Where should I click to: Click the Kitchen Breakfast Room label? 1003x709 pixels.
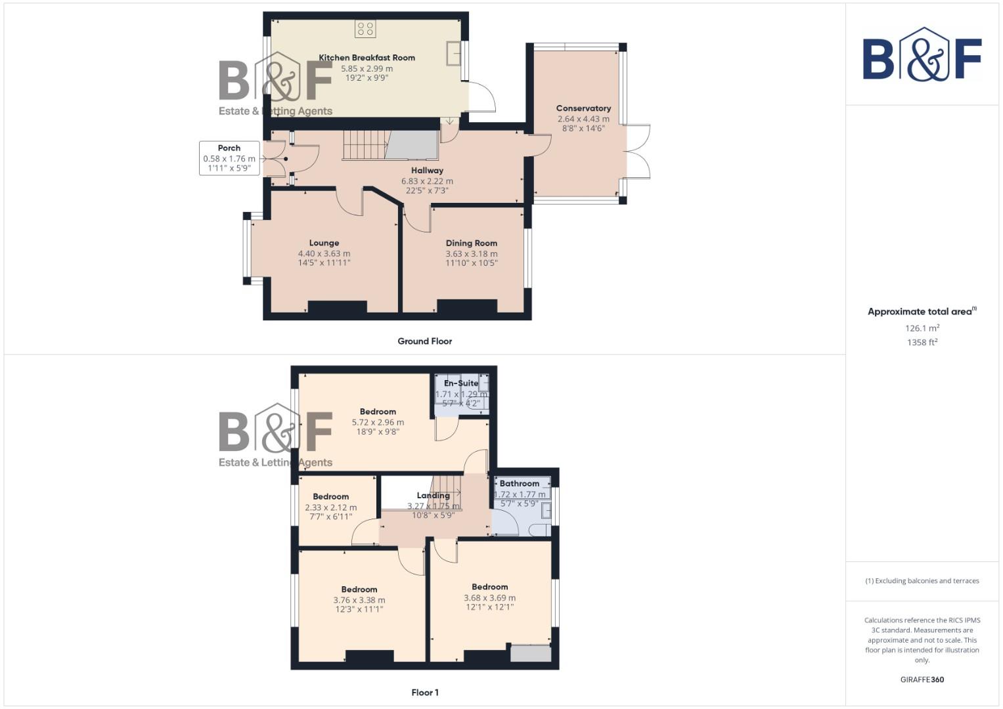pyautogui.click(x=367, y=58)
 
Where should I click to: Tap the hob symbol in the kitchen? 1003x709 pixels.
pyautogui.click(x=365, y=28)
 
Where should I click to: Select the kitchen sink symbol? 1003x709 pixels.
pyautogui.click(x=453, y=53)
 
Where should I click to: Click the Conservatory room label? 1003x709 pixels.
pyautogui.click(x=583, y=108)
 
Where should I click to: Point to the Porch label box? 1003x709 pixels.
pyautogui.click(x=229, y=158)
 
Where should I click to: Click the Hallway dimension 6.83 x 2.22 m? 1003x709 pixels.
pyautogui.click(x=427, y=181)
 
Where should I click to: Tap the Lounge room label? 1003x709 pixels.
pyautogui.click(x=324, y=243)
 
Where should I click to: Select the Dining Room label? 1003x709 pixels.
pyautogui.click(x=471, y=243)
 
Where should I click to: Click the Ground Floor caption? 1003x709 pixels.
pyautogui.click(x=424, y=341)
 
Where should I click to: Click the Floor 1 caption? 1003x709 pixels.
pyautogui.click(x=424, y=693)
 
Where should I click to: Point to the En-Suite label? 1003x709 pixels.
pyautogui.click(x=461, y=383)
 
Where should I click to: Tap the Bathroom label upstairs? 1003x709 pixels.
pyautogui.click(x=519, y=484)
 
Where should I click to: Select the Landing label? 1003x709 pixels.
pyautogui.click(x=433, y=496)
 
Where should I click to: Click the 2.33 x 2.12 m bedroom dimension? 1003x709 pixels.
pyautogui.click(x=330, y=507)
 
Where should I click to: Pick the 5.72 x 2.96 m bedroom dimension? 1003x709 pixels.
pyautogui.click(x=378, y=423)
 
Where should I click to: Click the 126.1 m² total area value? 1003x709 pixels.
pyautogui.click(x=922, y=328)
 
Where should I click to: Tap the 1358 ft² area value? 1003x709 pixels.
pyautogui.click(x=922, y=342)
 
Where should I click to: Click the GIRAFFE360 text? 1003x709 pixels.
pyautogui.click(x=922, y=680)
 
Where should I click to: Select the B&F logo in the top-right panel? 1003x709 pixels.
pyautogui.click(x=922, y=55)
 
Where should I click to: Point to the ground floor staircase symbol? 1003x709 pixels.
pyautogui.click(x=366, y=144)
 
